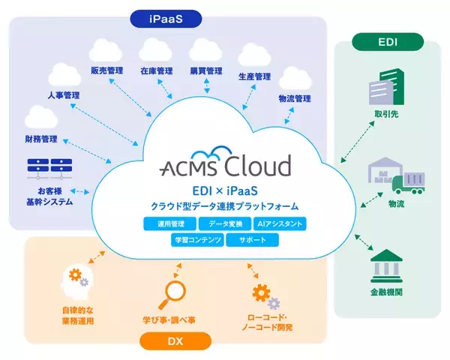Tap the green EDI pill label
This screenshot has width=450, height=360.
(x=388, y=40)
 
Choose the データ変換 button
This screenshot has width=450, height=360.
(x=224, y=224)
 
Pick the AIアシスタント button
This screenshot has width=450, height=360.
(x=279, y=224)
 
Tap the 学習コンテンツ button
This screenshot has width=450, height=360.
(x=196, y=241)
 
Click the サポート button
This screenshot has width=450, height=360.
(x=252, y=241)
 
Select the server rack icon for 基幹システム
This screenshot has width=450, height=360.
(x=46, y=169)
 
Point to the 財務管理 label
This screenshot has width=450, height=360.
(x=40, y=139)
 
